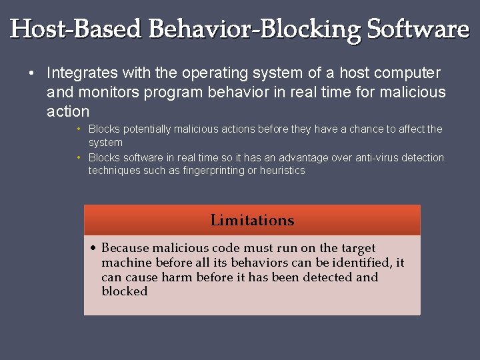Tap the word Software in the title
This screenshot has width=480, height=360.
point(419,29)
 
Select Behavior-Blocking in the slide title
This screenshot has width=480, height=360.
point(256,29)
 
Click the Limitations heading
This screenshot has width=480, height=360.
point(252,220)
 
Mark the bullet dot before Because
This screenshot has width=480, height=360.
point(95,248)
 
